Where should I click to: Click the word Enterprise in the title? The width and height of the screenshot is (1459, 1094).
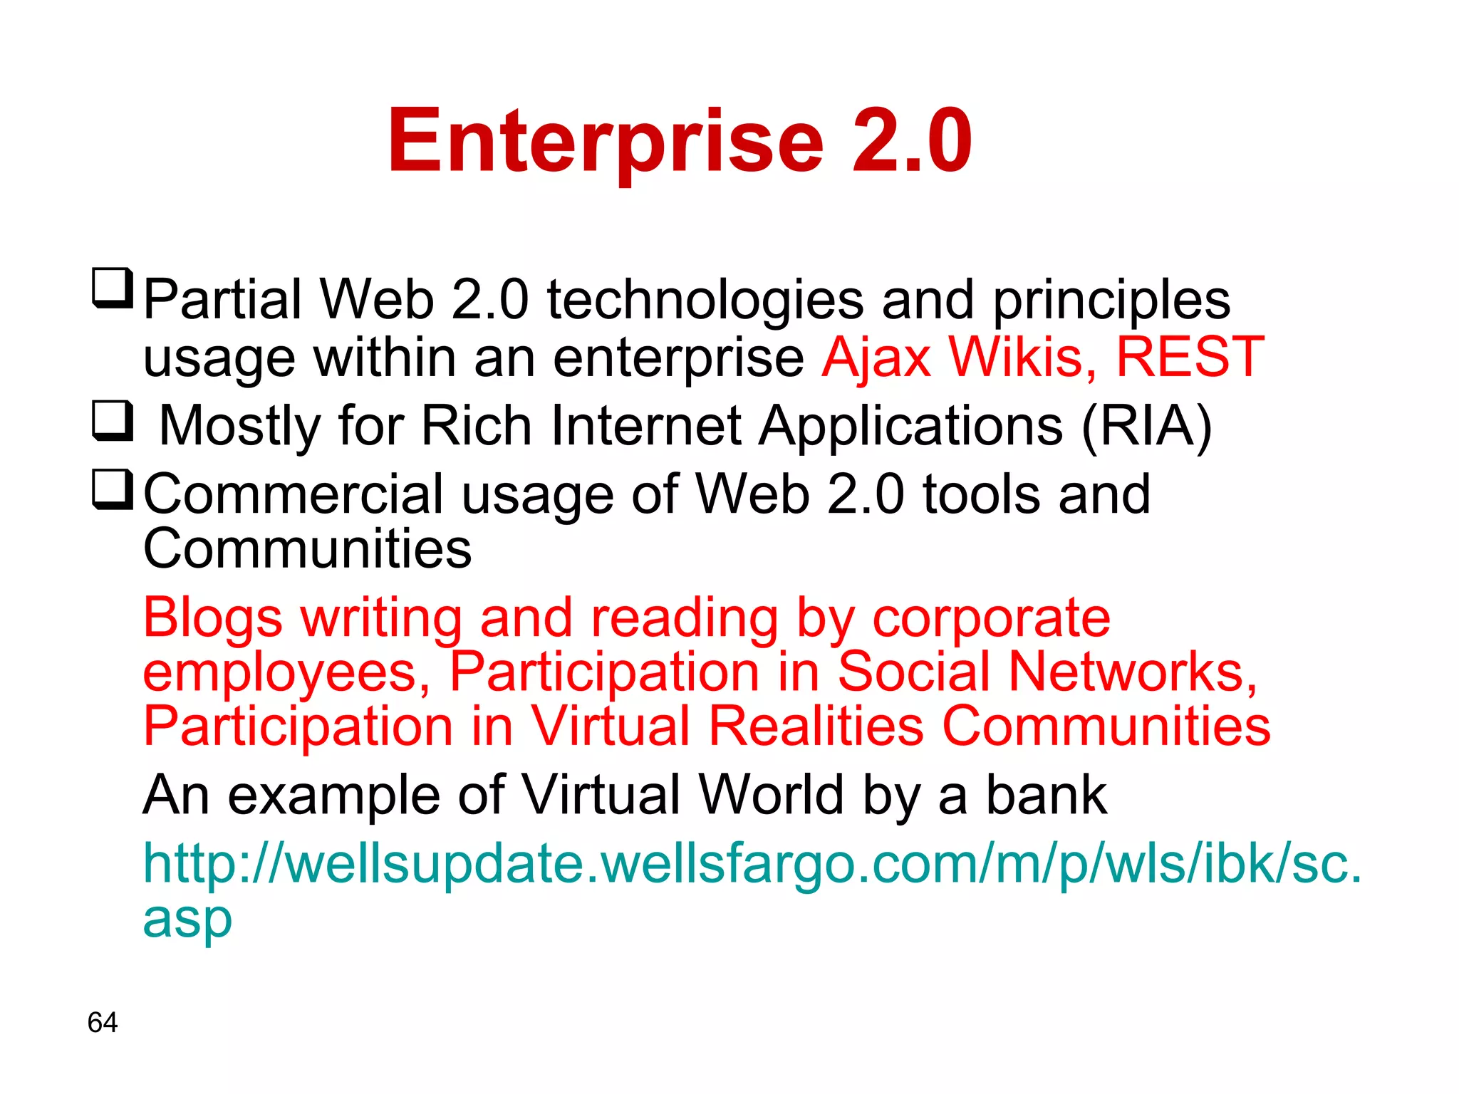pyautogui.click(x=606, y=141)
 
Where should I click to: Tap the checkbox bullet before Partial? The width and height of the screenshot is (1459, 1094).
pyautogui.click(x=113, y=288)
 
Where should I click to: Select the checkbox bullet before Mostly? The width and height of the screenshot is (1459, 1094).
pyautogui.click(x=113, y=421)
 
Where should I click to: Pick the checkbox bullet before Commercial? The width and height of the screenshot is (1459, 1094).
pyautogui.click(x=113, y=489)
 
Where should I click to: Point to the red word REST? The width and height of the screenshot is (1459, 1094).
pyautogui.click(x=1190, y=356)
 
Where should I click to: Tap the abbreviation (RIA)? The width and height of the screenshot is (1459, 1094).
pyautogui.click(x=1146, y=426)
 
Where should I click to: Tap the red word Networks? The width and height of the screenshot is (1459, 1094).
pyautogui.click(x=1133, y=672)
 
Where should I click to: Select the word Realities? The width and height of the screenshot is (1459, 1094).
pyautogui.click(x=816, y=726)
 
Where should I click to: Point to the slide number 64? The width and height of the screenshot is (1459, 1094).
pyautogui.click(x=103, y=1022)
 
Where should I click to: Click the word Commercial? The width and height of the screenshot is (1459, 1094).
pyautogui.click(x=294, y=494)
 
